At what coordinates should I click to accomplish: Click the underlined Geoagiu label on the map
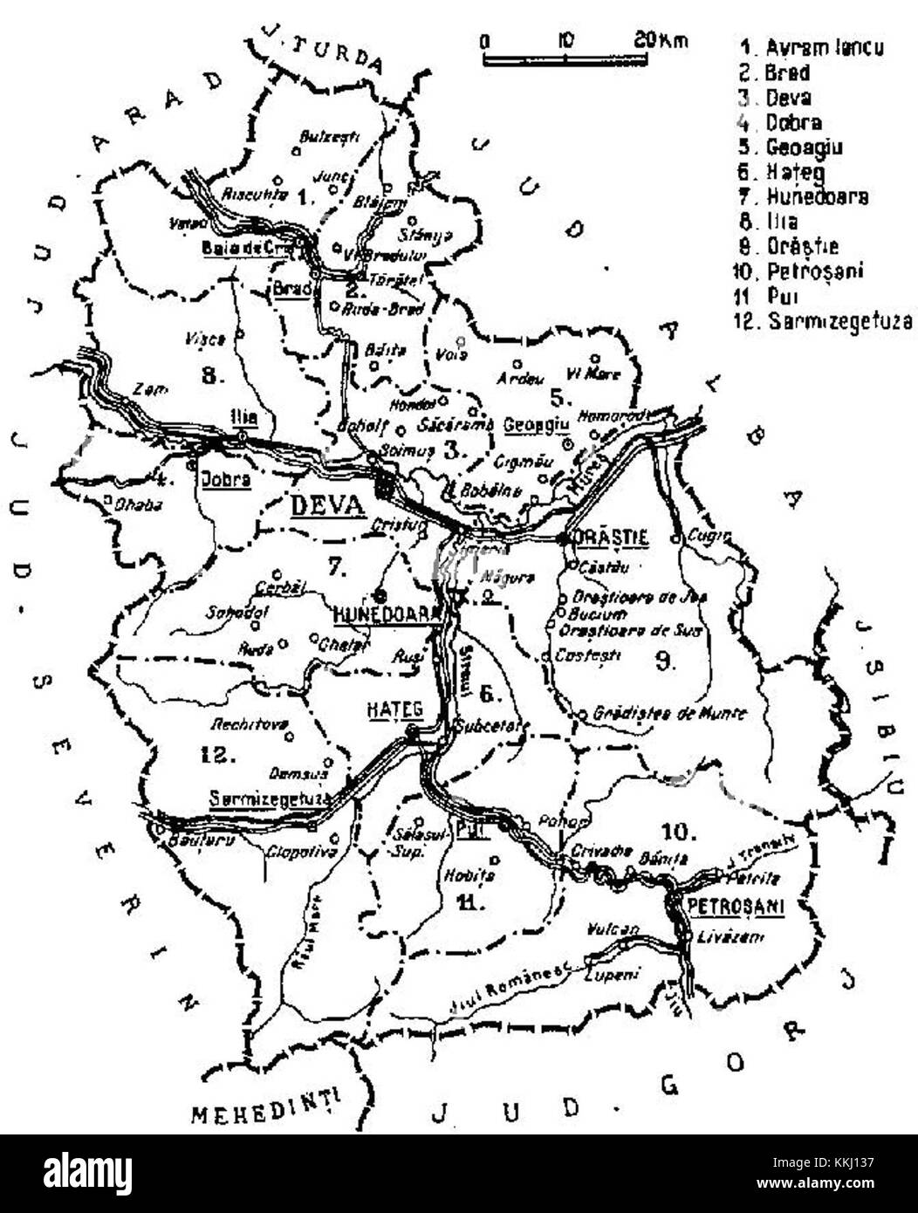click(536, 424)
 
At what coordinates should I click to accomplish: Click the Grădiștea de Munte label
click(670, 713)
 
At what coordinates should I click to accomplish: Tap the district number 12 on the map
click(215, 754)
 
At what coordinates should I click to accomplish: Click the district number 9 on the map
click(664, 660)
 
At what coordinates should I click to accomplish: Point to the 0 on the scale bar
click(485, 40)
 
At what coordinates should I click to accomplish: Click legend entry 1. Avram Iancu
click(811, 47)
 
